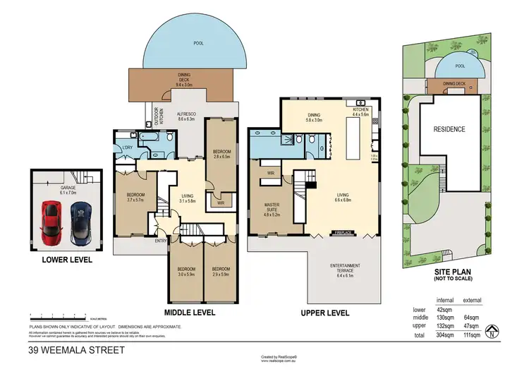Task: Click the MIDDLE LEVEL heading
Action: coord(190,311)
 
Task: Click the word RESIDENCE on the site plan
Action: coord(449,129)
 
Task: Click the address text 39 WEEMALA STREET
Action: coord(77,349)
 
